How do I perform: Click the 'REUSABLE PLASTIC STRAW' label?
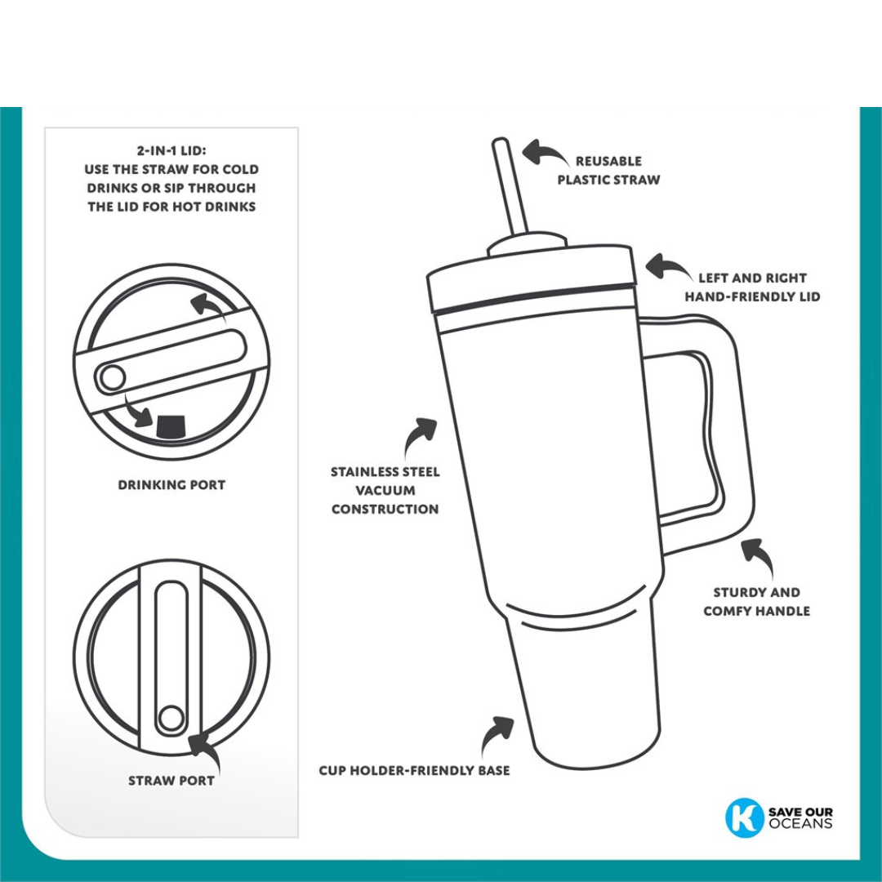click(608, 170)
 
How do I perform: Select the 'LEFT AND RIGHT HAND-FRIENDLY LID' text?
click(752, 287)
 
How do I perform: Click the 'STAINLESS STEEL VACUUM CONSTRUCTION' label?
click(385, 490)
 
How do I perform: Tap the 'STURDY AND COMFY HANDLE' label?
click(756, 601)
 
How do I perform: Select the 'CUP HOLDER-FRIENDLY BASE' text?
click(414, 770)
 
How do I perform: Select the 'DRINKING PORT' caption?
click(171, 484)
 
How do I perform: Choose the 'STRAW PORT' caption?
click(171, 781)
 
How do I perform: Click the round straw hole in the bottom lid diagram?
click(171, 718)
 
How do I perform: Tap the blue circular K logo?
click(744, 817)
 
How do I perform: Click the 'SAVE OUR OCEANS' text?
click(800, 817)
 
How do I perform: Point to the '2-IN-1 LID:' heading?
click(171, 151)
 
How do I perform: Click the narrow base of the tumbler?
click(584, 694)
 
